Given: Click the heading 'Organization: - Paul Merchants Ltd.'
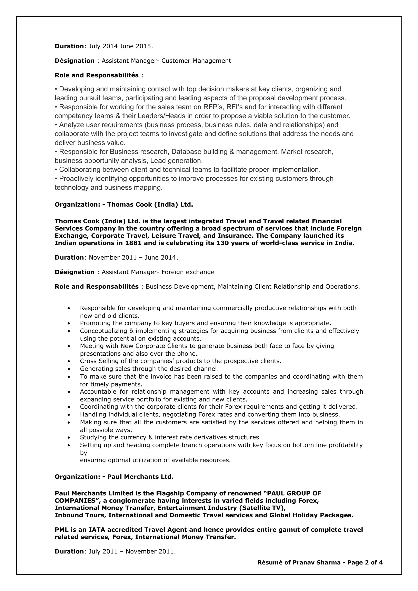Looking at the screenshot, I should (114, 477).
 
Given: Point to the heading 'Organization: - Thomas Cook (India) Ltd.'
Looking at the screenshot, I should (124, 205).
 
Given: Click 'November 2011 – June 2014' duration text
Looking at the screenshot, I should (133, 258).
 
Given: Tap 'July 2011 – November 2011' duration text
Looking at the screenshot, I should (132, 551).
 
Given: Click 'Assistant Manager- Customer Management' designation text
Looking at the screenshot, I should (166, 61).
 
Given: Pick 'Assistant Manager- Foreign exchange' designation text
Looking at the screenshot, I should (158, 272).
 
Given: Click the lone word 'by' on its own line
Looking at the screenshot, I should (83, 453).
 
